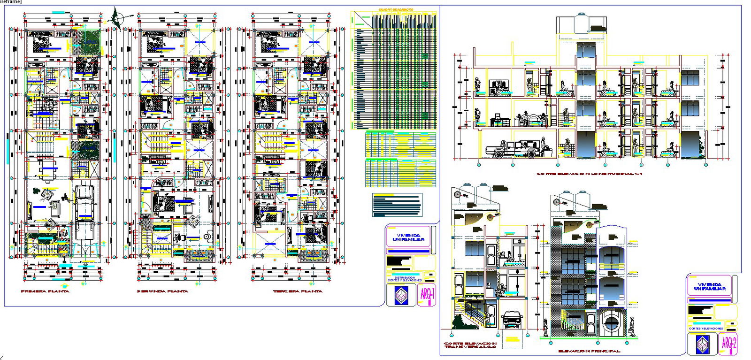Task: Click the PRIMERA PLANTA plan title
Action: [x=45, y=291]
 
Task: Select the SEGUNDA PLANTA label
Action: [x=162, y=291]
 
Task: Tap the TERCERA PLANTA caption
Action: [x=298, y=291]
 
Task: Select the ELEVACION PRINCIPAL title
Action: [x=589, y=351]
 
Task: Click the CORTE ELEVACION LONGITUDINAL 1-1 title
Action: [x=589, y=174]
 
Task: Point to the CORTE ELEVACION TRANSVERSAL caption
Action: [x=470, y=345]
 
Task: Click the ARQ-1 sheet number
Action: [x=427, y=295]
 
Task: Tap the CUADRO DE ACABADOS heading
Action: [x=396, y=9]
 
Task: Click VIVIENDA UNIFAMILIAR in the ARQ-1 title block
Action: [x=408, y=237]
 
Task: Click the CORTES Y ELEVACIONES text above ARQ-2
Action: [x=706, y=329]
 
